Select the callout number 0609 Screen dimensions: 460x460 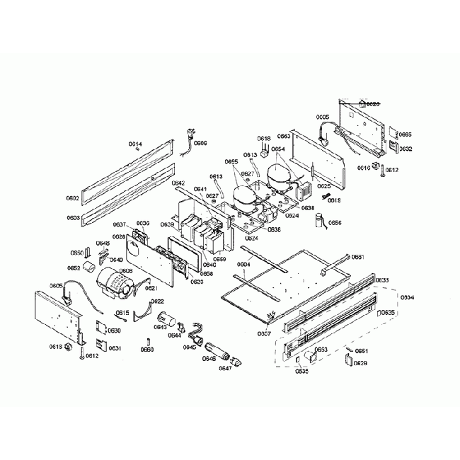201,143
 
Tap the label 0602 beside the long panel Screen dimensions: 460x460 73,199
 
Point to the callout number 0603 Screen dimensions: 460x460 73,218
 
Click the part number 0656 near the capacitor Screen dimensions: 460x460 335,223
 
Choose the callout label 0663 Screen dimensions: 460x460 284,135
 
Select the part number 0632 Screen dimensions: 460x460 405,149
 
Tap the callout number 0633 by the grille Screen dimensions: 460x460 381,280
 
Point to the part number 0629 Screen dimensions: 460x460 361,363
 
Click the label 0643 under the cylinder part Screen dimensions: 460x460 161,327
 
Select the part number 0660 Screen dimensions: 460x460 146,350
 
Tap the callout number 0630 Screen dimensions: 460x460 114,330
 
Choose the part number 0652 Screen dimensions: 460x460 74,268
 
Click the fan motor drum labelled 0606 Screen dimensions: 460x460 113,282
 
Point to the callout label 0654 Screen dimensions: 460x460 278,149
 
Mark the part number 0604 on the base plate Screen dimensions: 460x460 243,265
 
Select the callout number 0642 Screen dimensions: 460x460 178,183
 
